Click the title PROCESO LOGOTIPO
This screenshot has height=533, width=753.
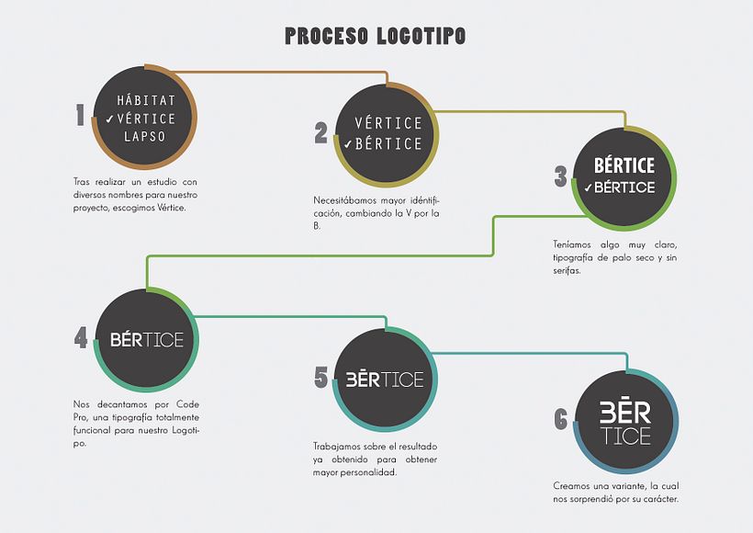[375, 36]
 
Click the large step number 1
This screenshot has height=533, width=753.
[81, 115]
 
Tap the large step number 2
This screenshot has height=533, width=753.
[320, 134]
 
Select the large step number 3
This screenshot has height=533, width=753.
[560, 176]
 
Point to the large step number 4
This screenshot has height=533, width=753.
[81, 337]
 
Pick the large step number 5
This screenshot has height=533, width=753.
[320, 377]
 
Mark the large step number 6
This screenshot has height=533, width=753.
[560, 420]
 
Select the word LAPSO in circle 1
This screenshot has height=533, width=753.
[145, 136]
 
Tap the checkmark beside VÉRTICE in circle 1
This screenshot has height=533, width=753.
[109, 119]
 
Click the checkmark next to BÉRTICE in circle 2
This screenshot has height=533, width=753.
[347, 144]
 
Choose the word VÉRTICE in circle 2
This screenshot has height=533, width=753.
[388, 123]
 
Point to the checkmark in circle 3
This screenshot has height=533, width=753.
[587, 187]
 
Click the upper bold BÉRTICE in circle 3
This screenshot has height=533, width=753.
[624, 165]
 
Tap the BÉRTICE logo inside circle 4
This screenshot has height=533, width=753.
[147, 339]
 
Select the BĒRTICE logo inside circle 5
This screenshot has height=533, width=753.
[385, 379]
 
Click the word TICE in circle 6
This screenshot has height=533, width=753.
[625, 437]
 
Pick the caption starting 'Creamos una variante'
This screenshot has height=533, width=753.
[615, 493]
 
